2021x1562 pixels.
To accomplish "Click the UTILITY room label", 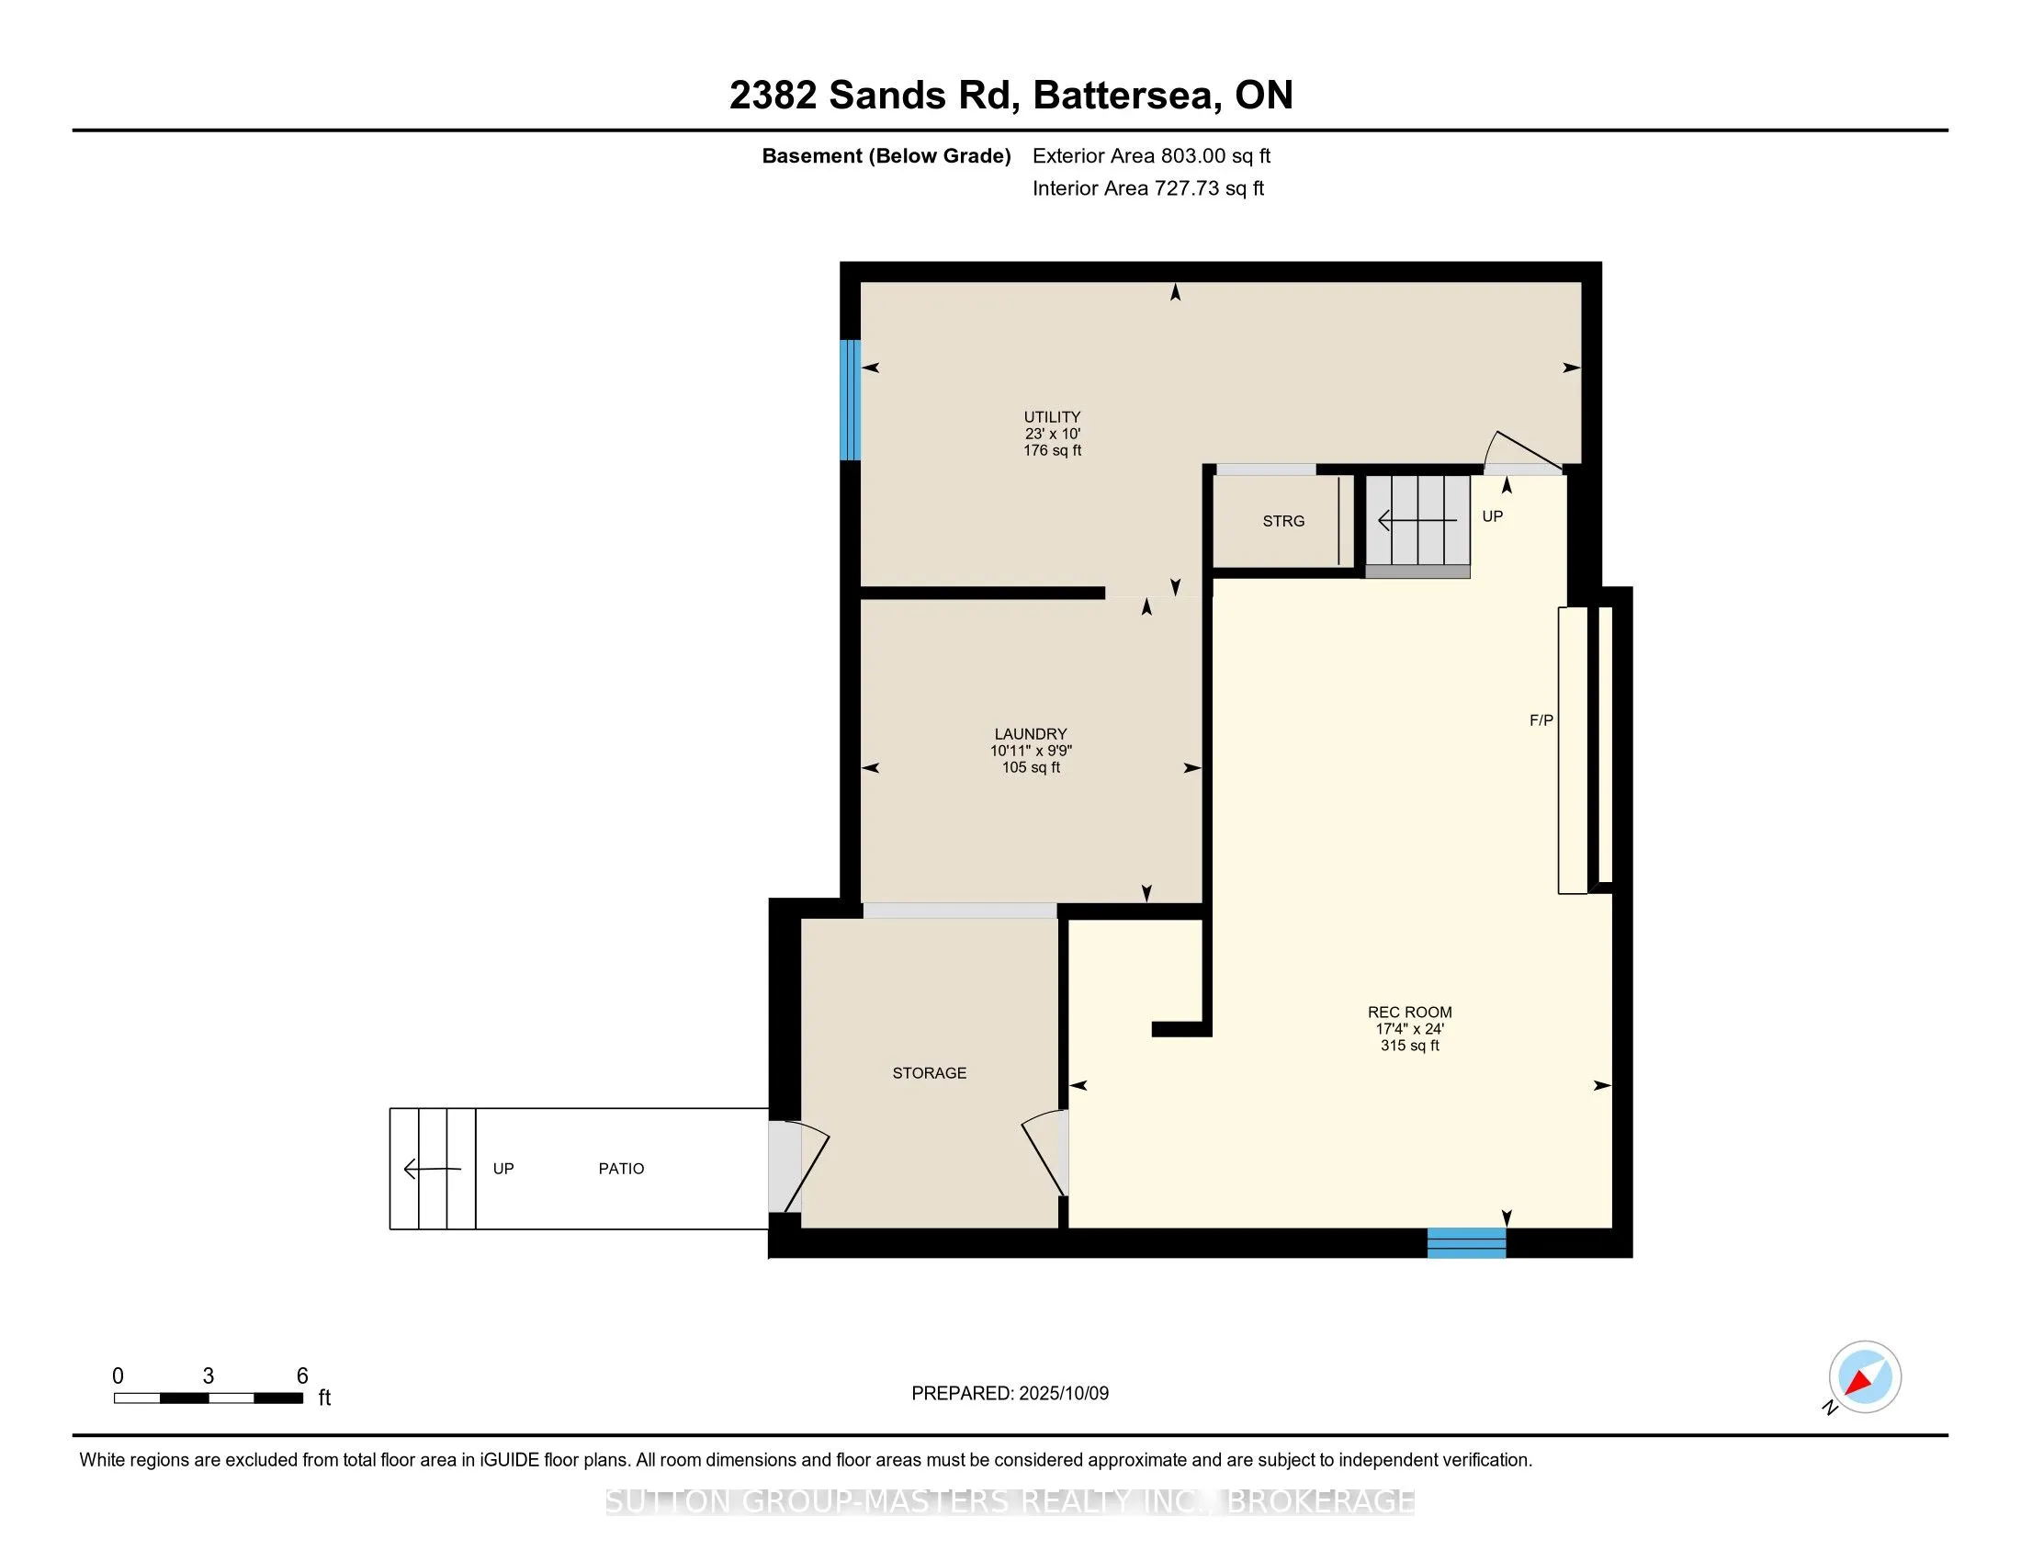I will pyautogui.click(x=1052, y=417).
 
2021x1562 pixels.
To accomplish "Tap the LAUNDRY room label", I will pyautogui.click(x=1031, y=734).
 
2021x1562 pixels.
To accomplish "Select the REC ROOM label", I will pyautogui.click(x=1409, y=1013).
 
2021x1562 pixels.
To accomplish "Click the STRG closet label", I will pyautogui.click(x=1283, y=521).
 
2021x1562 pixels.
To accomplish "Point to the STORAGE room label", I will pyautogui.click(x=929, y=1072).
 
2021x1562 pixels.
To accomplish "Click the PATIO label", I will pyautogui.click(x=621, y=1169).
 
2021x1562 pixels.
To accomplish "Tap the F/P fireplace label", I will pyautogui.click(x=1541, y=720).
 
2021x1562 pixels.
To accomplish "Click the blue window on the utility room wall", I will pyautogui.click(x=850, y=400).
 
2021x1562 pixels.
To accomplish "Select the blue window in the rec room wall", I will pyautogui.click(x=1466, y=1243).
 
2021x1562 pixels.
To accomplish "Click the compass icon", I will pyautogui.click(x=1865, y=1377).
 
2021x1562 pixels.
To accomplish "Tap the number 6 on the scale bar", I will pyautogui.click(x=301, y=1376).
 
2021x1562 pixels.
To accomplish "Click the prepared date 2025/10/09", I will pyautogui.click(x=1063, y=1394).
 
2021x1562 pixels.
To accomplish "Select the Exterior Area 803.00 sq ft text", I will pyautogui.click(x=1151, y=156).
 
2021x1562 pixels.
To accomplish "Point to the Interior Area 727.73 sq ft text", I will pyautogui.click(x=1147, y=188).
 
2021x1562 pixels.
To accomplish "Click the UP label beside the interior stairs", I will pyautogui.click(x=1492, y=516).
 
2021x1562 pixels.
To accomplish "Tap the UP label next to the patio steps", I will pyautogui.click(x=503, y=1169).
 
